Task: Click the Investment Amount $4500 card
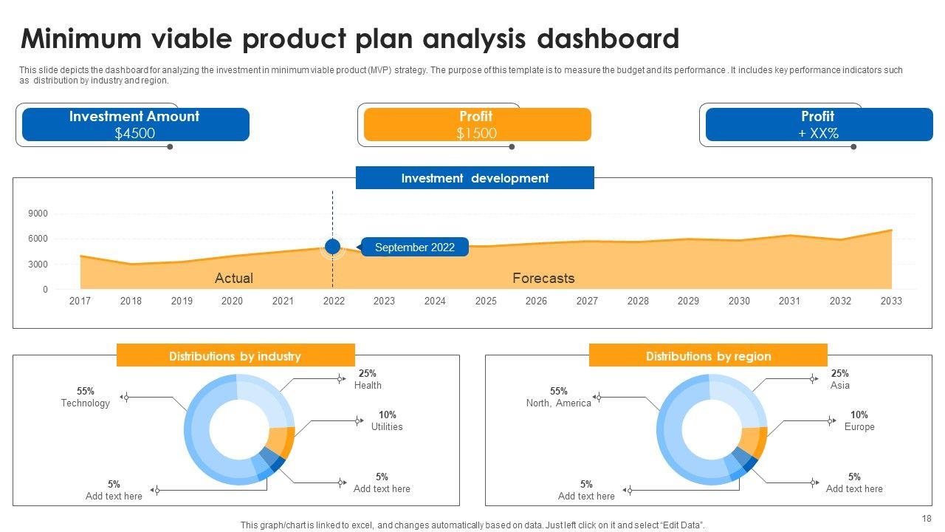click(x=135, y=124)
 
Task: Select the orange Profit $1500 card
click(x=477, y=124)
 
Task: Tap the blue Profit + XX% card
click(x=819, y=124)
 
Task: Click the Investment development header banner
click(x=475, y=178)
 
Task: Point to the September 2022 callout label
click(x=414, y=248)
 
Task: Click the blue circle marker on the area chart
click(x=332, y=247)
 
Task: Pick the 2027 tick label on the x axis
click(x=587, y=301)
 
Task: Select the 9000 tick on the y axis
click(x=38, y=214)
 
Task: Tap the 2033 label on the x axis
click(x=891, y=301)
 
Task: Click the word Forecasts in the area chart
click(x=543, y=278)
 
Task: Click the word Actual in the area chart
click(x=233, y=278)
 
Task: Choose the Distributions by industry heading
click(x=235, y=356)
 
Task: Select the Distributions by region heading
click(x=708, y=356)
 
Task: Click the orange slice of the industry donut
click(x=281, y=442)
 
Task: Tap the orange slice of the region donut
click(x=754, y=442)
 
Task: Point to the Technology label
click(x=85, y=403)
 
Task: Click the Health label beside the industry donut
click(x=368, y=385)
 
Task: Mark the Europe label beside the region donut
click(x=859, y=426)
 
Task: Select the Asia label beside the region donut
click(x=840, y=385)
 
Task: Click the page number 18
click(x=927, y=519)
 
